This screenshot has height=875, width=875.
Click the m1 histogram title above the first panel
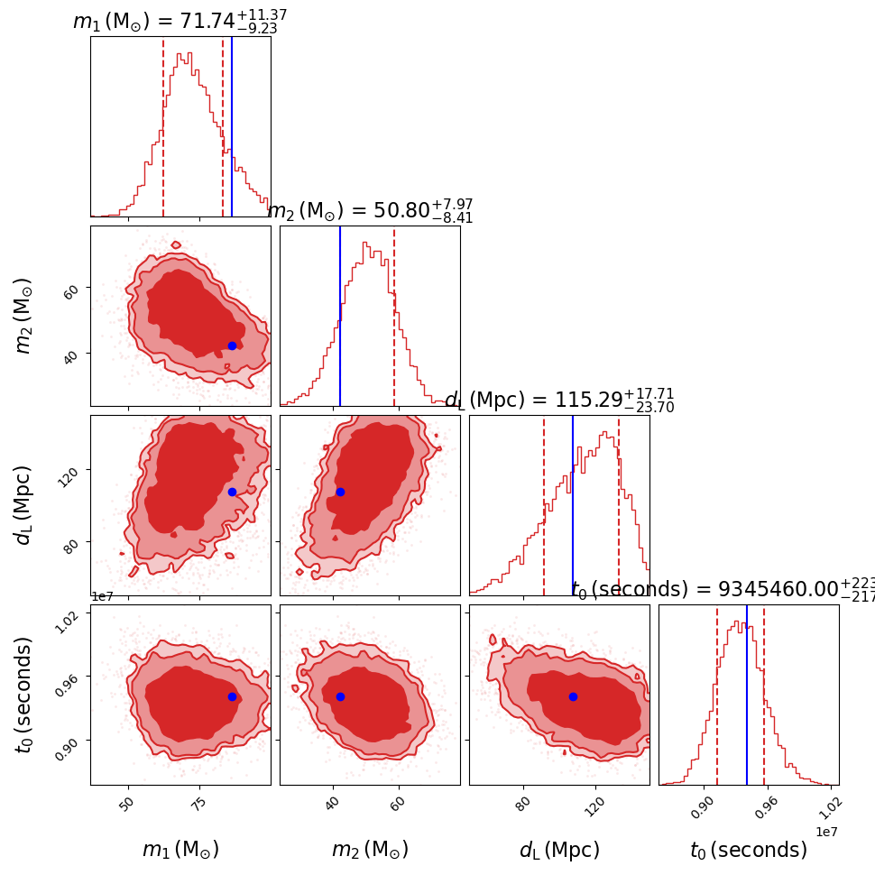point(180,22)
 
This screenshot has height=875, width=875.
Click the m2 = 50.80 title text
point(370,211)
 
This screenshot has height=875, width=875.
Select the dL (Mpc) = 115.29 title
point(559,401)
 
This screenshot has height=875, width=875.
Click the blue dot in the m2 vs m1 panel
point(232,345)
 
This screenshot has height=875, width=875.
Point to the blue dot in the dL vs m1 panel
point(232,492)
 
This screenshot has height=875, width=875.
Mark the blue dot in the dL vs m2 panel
point(340,492)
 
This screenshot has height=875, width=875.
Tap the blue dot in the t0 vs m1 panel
point(232,696)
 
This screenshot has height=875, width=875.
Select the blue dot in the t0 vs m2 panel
point(340,696)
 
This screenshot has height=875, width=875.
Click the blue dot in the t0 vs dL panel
point(573,696)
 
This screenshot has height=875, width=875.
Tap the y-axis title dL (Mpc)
point(24,505)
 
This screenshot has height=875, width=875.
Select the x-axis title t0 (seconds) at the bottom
point(749,850)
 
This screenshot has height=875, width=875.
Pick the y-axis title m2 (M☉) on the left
point(24,316)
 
